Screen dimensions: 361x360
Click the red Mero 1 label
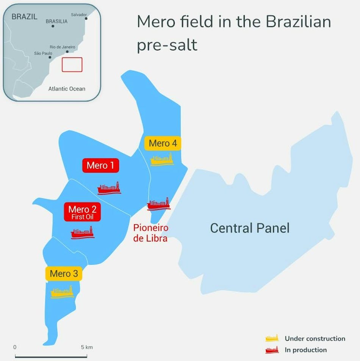pos(100,166)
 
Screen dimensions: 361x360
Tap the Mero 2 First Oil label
pos(82,212)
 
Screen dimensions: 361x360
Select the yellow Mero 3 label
pos(64,273)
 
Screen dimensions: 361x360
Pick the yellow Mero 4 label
pos(163,143)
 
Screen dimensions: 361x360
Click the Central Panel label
pos(250,228)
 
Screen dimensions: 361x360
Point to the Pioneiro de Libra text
pos(150,233)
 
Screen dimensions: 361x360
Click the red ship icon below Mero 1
pos(109,188)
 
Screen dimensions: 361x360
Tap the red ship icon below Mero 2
pos(83,232)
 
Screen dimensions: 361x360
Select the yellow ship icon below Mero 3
pos(62,292)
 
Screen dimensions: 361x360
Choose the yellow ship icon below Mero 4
pos(162,159)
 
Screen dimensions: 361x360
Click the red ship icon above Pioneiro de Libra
pos(158,204)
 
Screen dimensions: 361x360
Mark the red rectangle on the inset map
pos(72,64)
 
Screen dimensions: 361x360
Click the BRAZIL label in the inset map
pos(25,17)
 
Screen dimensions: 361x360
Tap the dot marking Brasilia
pos(53,26)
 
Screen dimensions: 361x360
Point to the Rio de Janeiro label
pos(63,47)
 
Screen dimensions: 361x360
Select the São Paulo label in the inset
pos(43,53)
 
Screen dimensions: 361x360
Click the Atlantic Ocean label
pos(67,89)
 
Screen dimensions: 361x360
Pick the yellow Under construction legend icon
pos(272,338)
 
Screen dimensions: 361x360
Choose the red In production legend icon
pos(272,350)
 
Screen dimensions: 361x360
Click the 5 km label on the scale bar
pos(87,347)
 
